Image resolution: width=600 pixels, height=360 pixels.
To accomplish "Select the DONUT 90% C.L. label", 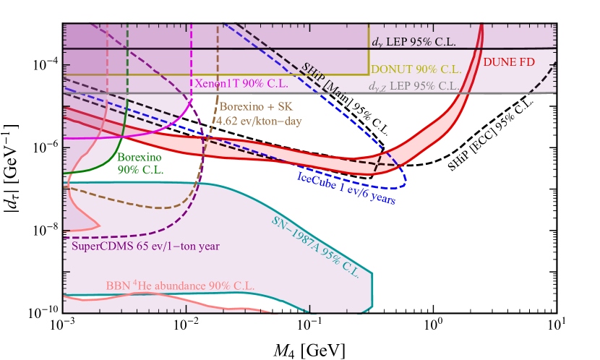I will [x=416, y=69].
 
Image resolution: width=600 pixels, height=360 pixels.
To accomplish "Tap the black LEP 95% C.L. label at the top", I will [x=414, y=43].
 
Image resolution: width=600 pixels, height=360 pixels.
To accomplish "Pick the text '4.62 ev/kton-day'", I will [x=256, y=121].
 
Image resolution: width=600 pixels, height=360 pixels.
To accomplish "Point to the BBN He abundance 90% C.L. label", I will [x=180, y=286].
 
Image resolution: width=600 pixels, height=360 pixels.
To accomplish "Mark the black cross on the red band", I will [x=377, y=164].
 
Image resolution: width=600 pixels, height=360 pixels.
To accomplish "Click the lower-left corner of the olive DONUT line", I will [x=65, y=75].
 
